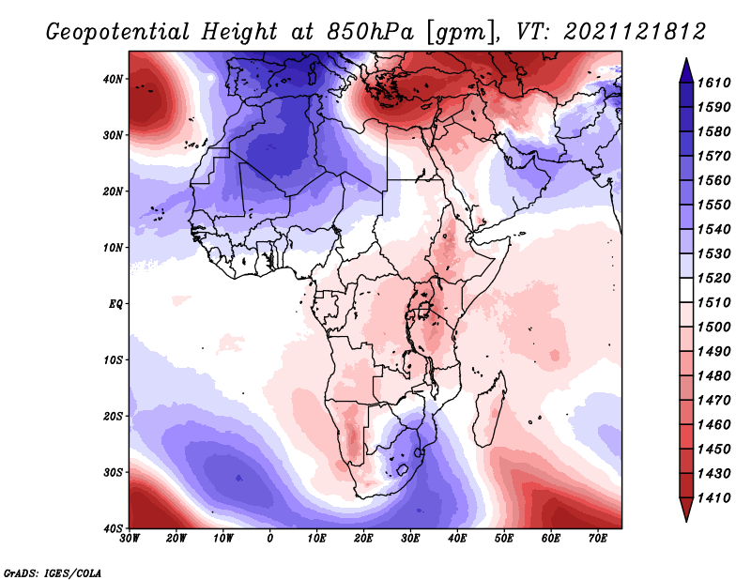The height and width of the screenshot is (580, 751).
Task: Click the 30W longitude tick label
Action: [x=130, y=538]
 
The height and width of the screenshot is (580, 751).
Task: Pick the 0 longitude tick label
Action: [x=270, y=538]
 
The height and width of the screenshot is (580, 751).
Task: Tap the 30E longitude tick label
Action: [x=410, y=538]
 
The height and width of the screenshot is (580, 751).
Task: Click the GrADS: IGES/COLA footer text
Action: [x=53, y=572]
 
